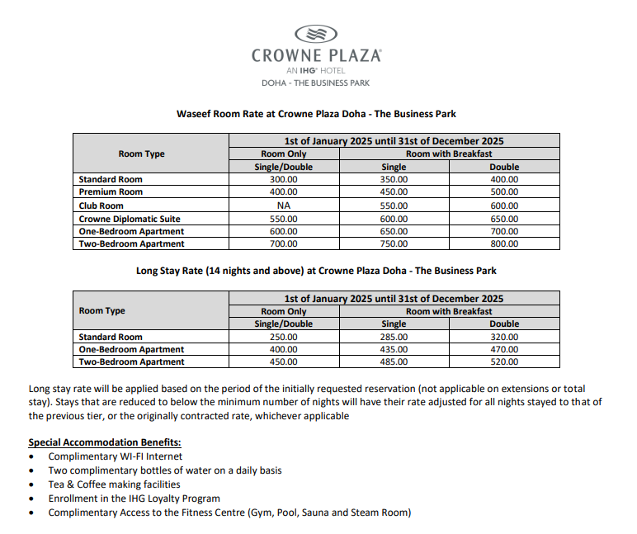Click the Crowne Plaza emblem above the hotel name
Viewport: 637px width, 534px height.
[x=316, y=34]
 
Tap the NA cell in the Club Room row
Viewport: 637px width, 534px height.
[x=284, y=206]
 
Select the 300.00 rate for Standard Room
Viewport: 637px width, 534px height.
[x=284, y=179]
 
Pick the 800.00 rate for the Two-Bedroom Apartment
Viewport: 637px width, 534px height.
[x=504, y=244]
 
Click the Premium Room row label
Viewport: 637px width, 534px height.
[x=111, y=192]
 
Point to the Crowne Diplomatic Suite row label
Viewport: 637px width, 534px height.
[x=130, y=219]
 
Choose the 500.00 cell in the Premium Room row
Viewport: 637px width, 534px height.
[x=504, y=192]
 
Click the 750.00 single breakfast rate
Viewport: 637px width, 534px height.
[x=394, y=244]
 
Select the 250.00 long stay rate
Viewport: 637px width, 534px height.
[x=284, y=337]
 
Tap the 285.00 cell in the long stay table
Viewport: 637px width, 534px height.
[x=394, y=337]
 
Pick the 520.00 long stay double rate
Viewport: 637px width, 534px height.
[x=504, y=362]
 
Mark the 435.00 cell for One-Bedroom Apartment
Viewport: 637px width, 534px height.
[x=394, y=349]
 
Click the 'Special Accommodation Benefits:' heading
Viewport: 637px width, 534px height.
[x=105, y=442]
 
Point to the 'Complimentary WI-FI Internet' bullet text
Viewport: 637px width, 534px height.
[x=116, y=456]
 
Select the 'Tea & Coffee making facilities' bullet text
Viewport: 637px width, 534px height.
[x=114, y=484]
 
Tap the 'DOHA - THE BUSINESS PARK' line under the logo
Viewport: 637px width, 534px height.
[x=316, y=83]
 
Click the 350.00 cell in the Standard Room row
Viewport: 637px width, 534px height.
[x=394, y=179]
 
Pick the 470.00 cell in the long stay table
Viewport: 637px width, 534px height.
[x=504, y=349]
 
